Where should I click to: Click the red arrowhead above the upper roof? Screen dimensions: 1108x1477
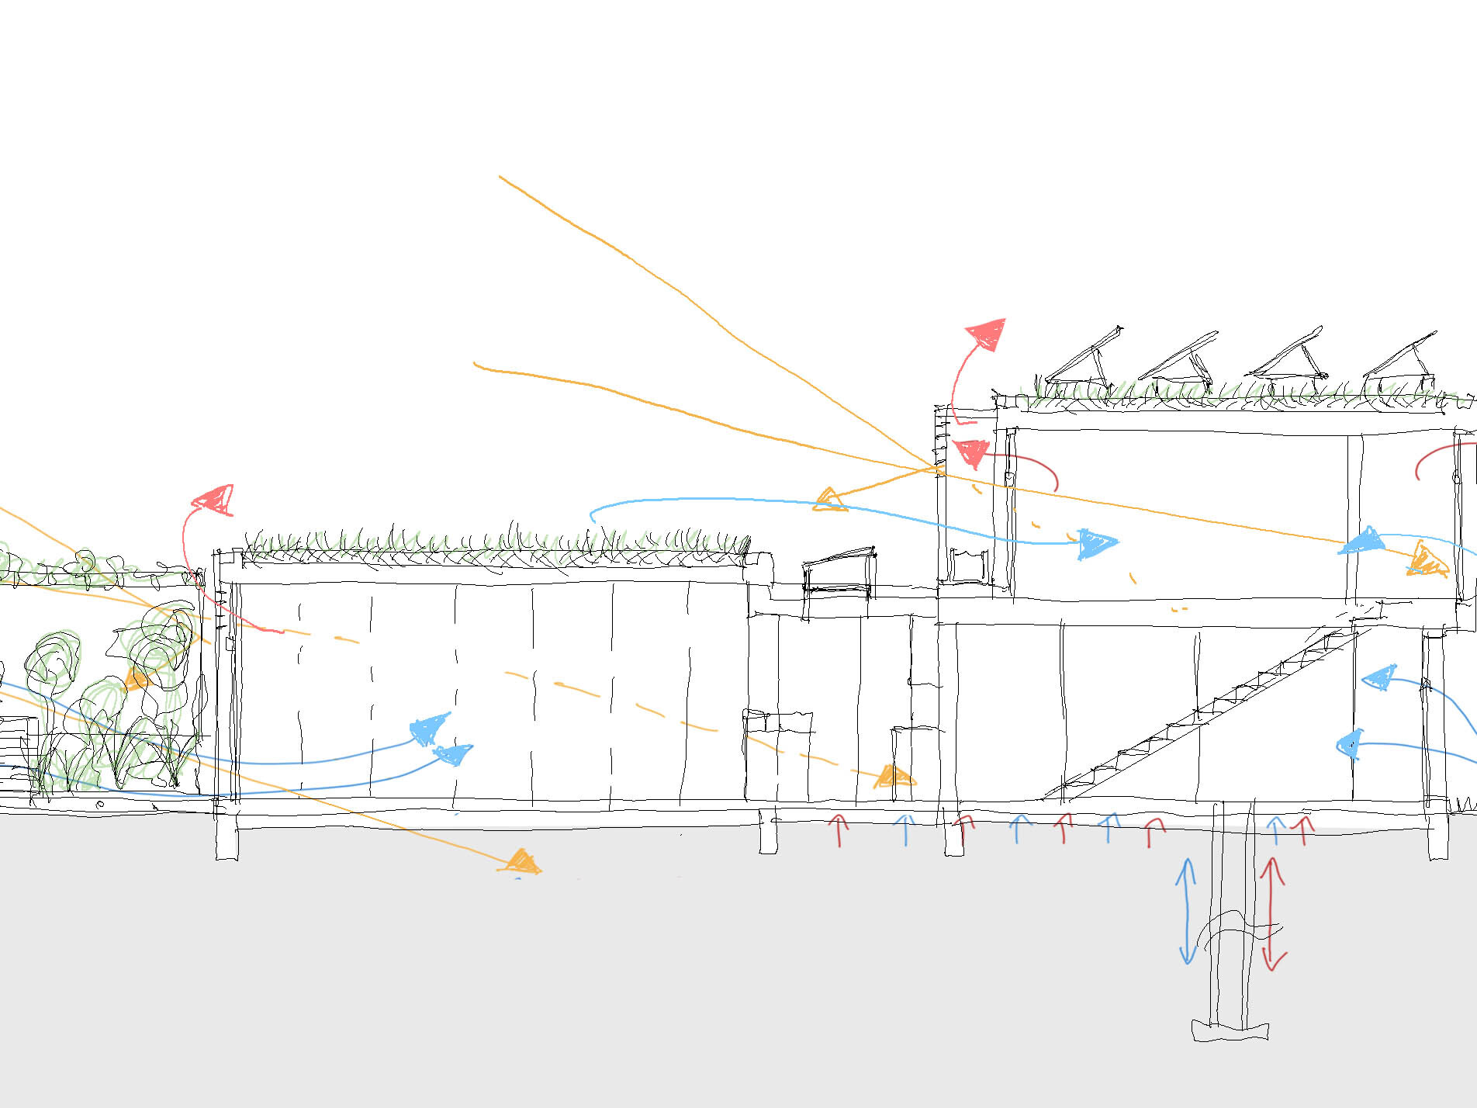point(988,334)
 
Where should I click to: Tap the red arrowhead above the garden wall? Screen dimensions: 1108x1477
point(214,500)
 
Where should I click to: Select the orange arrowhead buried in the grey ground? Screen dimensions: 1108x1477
point(521,861)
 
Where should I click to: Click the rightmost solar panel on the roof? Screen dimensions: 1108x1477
point(1399,360)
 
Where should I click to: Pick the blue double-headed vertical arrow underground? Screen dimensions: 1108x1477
point(1186,911)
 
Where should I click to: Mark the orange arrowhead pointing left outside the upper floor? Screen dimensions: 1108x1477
point(829,500)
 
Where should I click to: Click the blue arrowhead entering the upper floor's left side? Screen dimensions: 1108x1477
point(1095,543)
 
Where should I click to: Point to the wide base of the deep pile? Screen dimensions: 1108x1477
point(1230,1030)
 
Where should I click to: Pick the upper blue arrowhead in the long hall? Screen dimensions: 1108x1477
point(428,729)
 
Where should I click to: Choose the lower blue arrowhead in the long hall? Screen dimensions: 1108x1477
point(453,753)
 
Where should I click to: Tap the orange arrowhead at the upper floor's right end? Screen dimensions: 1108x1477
point(1426,560)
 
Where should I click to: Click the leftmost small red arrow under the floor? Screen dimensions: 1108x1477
point(839,829)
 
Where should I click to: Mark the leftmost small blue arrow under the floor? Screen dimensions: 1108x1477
point(905,829)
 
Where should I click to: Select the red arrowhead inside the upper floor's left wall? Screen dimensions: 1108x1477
point(971,452)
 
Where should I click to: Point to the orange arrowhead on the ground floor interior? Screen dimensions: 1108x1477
point(894,777)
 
